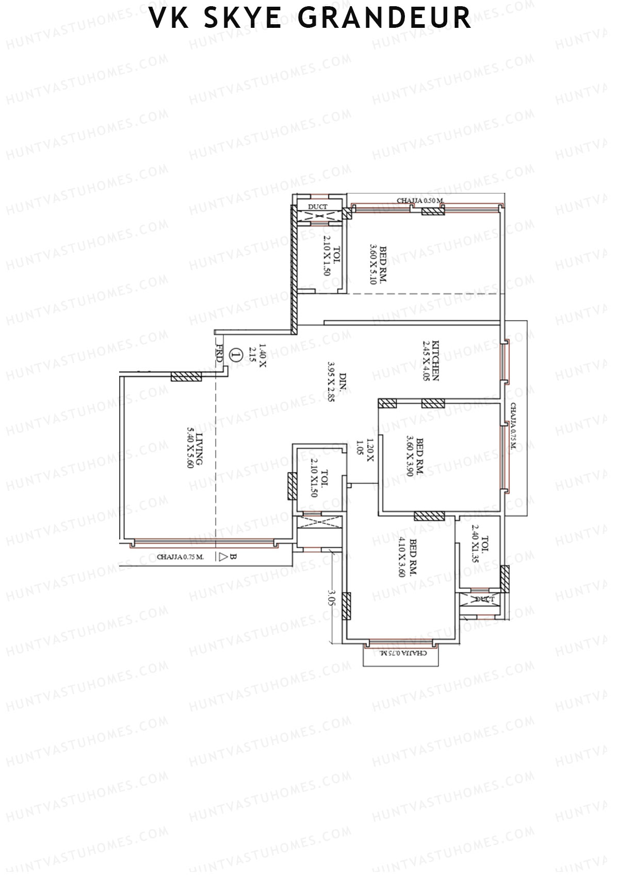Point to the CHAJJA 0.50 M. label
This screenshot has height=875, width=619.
tap(420, 201)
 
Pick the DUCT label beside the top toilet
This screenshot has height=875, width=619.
tap(317, 207)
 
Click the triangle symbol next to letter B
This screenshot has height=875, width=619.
tap(223, 557)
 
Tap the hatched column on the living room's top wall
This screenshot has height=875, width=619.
tap(186, 377)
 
